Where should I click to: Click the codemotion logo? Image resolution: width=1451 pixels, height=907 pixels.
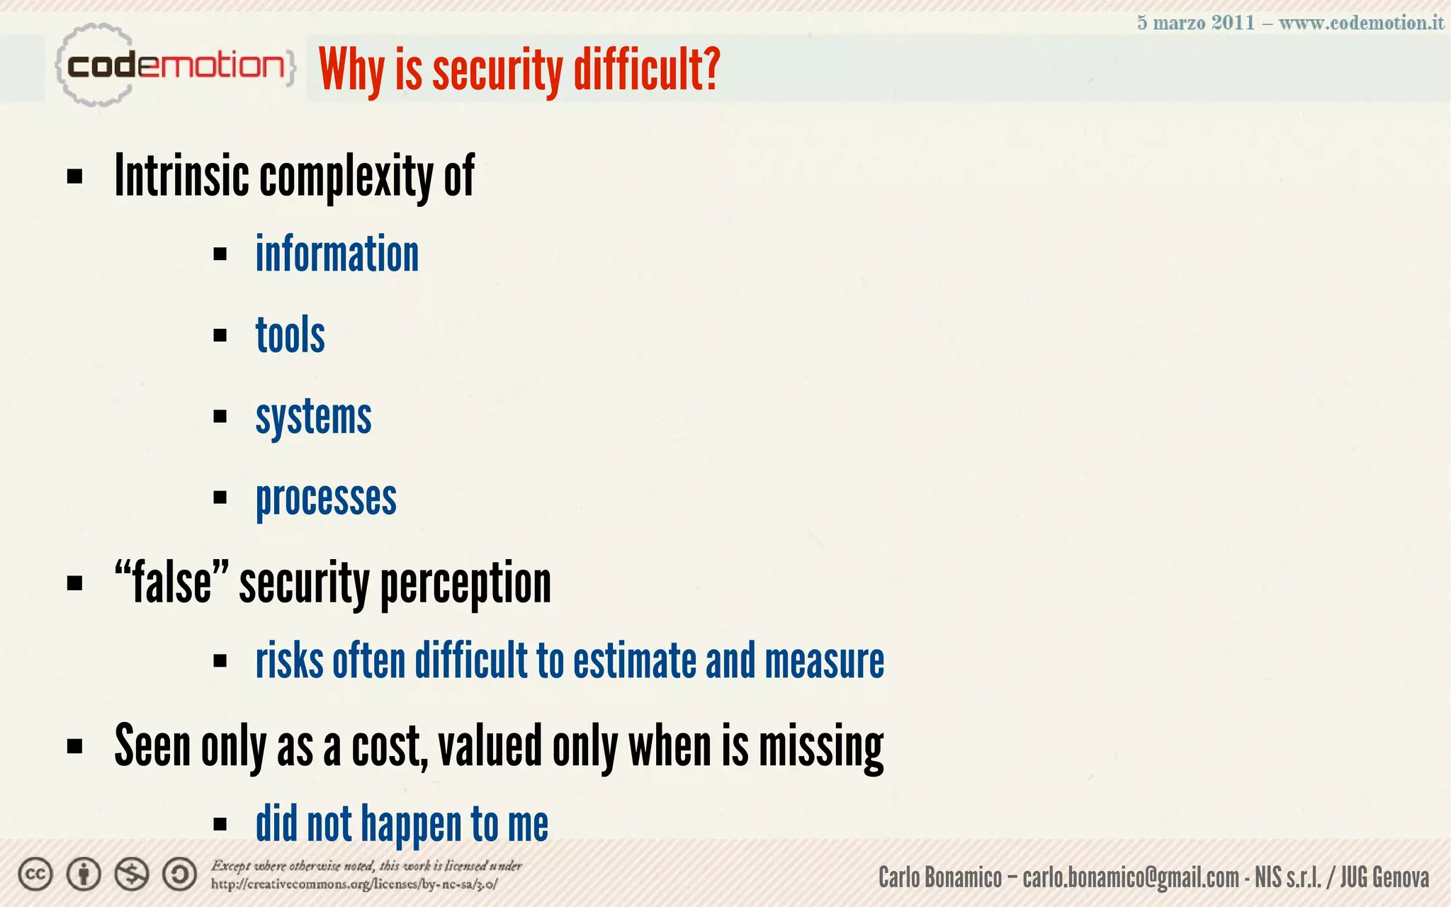[174, 66]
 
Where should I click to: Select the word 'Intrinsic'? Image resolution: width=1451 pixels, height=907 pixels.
[181, 176]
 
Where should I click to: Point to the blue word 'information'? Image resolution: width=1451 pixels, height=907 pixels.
[337, 254]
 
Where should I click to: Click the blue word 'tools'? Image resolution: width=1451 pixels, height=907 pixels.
[290, 335]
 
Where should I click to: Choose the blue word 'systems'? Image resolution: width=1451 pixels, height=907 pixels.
[313, 417]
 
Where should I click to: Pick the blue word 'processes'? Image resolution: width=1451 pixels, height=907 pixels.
[326, 499]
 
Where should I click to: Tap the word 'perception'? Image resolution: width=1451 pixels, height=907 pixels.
[465, 584]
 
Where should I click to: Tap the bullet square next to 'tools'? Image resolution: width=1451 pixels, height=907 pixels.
[220, 335]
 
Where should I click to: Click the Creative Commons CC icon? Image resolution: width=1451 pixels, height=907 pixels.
[35, 874]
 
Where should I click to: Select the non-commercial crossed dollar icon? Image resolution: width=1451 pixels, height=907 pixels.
[132, 874]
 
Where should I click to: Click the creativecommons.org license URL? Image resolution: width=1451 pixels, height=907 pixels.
[354, 884]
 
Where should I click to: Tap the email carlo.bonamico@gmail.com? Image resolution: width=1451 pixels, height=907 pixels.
[1131, 878]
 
